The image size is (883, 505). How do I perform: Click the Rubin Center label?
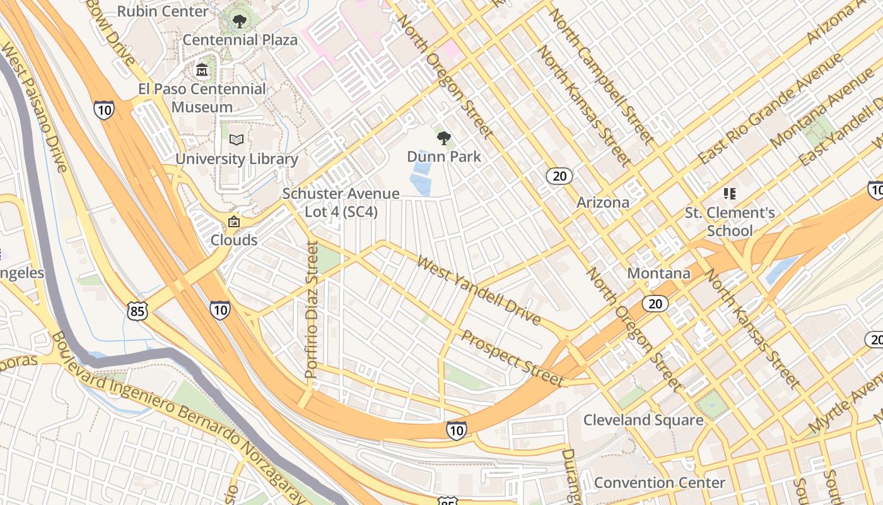(163, 11)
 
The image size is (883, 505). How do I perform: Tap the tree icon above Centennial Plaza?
(240, 22)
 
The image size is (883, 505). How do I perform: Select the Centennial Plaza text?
(240, 40)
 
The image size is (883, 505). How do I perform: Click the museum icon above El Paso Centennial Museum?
(202, 70)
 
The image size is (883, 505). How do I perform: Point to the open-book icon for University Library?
(237, 140)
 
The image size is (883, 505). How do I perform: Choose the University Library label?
(237, 158)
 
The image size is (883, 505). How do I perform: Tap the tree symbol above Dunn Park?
(443, 138)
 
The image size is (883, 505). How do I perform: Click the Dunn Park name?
(444, 157)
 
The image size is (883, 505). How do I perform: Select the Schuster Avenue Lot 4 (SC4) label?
(341, 203)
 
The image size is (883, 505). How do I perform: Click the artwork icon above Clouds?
(234, 222)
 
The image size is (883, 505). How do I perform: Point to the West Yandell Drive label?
(479, 290)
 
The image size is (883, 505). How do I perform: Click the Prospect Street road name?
(512, 357)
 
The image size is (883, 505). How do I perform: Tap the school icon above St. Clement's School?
(730, 193)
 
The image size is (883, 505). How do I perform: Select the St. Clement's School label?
(730, 222)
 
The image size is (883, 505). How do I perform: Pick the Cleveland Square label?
(643, 420)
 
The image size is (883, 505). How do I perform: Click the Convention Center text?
(660, 483)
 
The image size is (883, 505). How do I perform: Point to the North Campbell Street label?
(600, 74)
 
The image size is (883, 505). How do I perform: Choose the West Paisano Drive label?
(34, 107)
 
